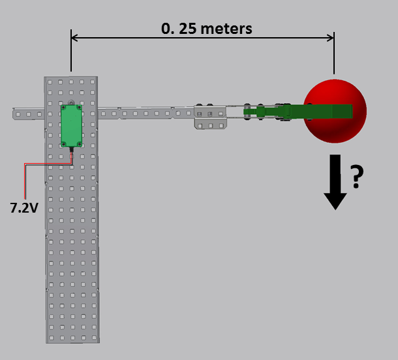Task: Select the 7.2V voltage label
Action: [23, 209]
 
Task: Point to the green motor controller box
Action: [71, 125]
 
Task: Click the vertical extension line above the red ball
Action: [334, 55]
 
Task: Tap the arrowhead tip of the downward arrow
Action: [335, 207]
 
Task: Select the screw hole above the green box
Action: [71, 102]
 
